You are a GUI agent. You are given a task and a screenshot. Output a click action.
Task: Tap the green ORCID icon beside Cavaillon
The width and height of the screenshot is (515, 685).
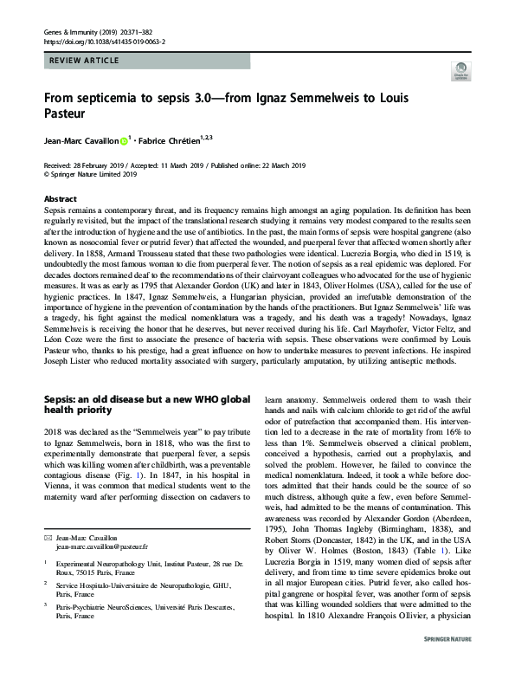[x=124, y=139]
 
